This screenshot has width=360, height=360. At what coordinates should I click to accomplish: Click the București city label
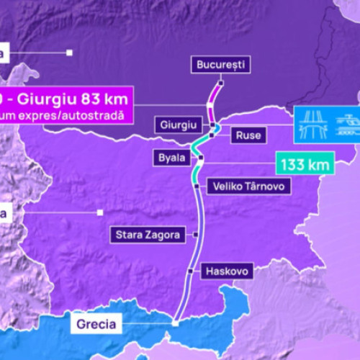point(220,65)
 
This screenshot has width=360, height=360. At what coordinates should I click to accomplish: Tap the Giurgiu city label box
point(176,125)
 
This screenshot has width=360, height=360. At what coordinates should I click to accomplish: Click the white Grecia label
point(95,324)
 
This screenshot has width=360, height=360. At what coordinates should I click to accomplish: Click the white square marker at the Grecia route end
point(174,324)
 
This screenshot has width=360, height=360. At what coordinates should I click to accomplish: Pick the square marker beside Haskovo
point(189,271)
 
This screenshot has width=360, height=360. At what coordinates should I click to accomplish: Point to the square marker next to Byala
point(201,157)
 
